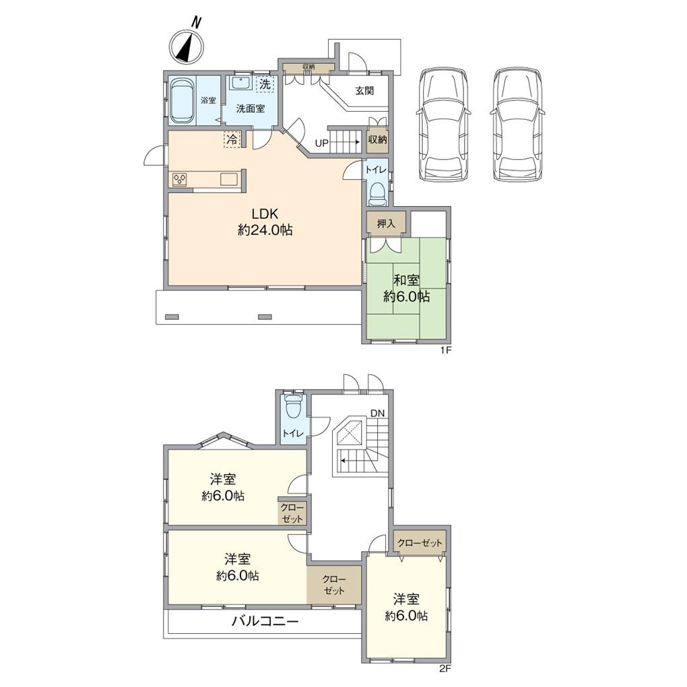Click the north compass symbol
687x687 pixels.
click(187, 46)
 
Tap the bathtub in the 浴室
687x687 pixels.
click(181, 101)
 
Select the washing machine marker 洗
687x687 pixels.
click(265, 84)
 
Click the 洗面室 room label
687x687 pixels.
click(251, 108)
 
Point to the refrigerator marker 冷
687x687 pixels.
click(232, 140)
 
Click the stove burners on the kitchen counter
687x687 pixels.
click(180, 180)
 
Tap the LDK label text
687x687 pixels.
click(265, 214)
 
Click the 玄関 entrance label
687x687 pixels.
click(364, 91)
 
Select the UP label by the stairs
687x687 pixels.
click(322, 143)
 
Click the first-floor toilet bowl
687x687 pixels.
click(377, 193)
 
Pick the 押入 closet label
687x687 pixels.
click(386, 224)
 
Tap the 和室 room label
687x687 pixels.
click(406, 280)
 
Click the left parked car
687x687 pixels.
click(443, 125)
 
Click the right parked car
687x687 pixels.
click(518, 125)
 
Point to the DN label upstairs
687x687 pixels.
click(377, 413)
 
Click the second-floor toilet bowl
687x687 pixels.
click(293, 406)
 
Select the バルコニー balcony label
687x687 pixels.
click(265, 621)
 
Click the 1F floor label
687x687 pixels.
click(446, 350)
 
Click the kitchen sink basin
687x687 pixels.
click(229, 180)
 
